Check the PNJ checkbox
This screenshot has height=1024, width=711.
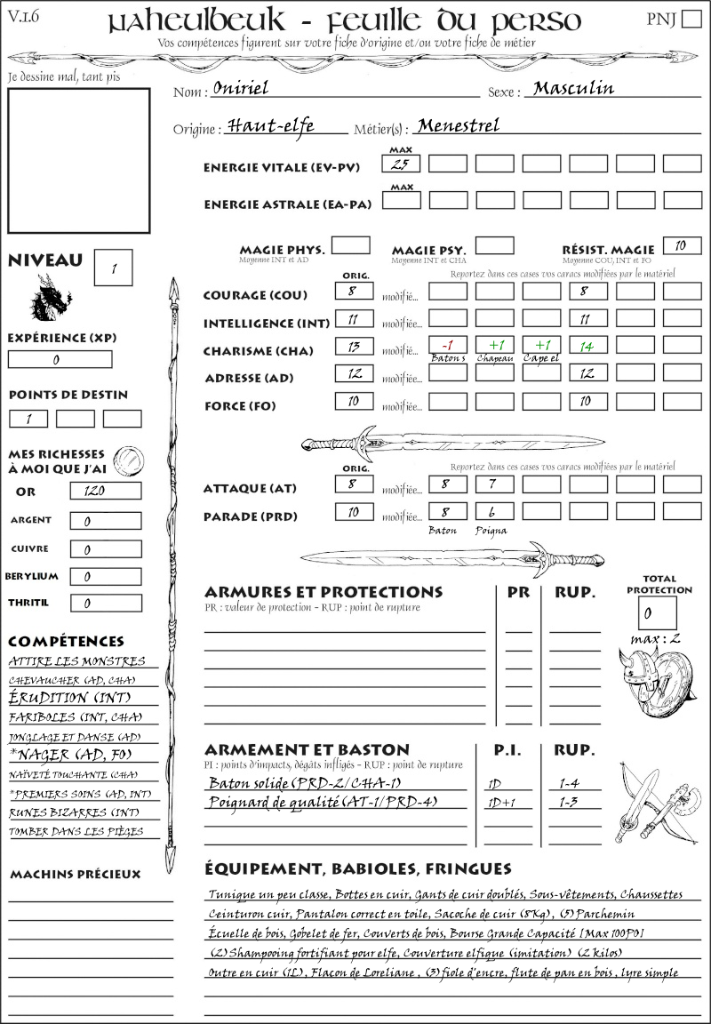tap(690, 20)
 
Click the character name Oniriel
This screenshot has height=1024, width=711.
tap(241, 88)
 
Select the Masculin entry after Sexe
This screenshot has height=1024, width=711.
tap(573, 88)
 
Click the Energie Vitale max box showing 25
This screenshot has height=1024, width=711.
tap(401, 164)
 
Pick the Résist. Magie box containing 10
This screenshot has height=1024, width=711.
tap(682, 245)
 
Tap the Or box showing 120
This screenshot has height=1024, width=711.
tap(105, 491)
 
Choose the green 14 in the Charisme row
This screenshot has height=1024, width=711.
tap(587, 346)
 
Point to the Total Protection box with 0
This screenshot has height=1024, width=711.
tap(657, 612)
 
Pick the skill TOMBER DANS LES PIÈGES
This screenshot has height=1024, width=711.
tap(76, 832)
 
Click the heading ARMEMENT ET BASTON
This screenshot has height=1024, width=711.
tap(307, 749)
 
